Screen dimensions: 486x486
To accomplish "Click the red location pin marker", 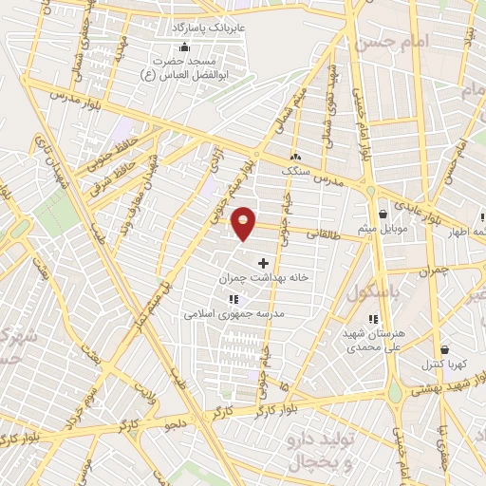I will tap(244, 223).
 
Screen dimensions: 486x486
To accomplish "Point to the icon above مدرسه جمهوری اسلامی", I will tap(234, 299).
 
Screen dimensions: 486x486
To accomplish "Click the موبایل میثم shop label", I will tap(382, 230).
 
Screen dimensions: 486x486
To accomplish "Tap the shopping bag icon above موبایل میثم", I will tap(382, 215).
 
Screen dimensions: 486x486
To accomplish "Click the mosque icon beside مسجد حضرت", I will tap(183, 47).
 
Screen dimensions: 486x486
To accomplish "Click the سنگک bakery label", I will tap(297, 170).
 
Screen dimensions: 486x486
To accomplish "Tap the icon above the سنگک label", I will tap(296, 156).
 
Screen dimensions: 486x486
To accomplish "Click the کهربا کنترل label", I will tap(442, 364).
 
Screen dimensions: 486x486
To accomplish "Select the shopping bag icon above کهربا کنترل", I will tap(443, 349).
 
